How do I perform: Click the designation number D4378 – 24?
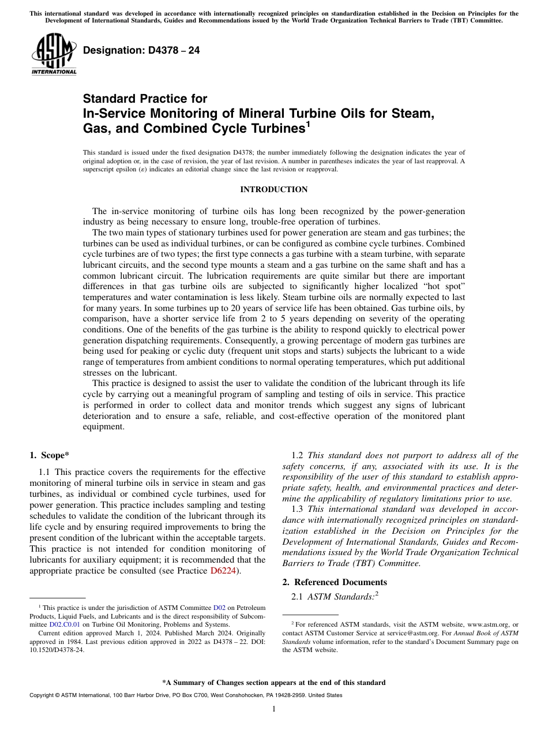pyautogui.click(x=141, y=50)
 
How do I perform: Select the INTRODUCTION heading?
pyautogui.click(x=274, y=189)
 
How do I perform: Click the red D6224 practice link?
pyautogui.click(x=223, y=571)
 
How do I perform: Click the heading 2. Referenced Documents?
pyautogui.click(x=335, y=582)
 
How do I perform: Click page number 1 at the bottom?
pyautogui.click(x=274, y=709)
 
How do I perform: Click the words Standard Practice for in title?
pyautogui.click(x=145, y=99)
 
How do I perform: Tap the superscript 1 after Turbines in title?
pyautogui.click(x=308, y=123)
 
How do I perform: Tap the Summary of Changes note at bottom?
pyautogui.click(x=274, y=683)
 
